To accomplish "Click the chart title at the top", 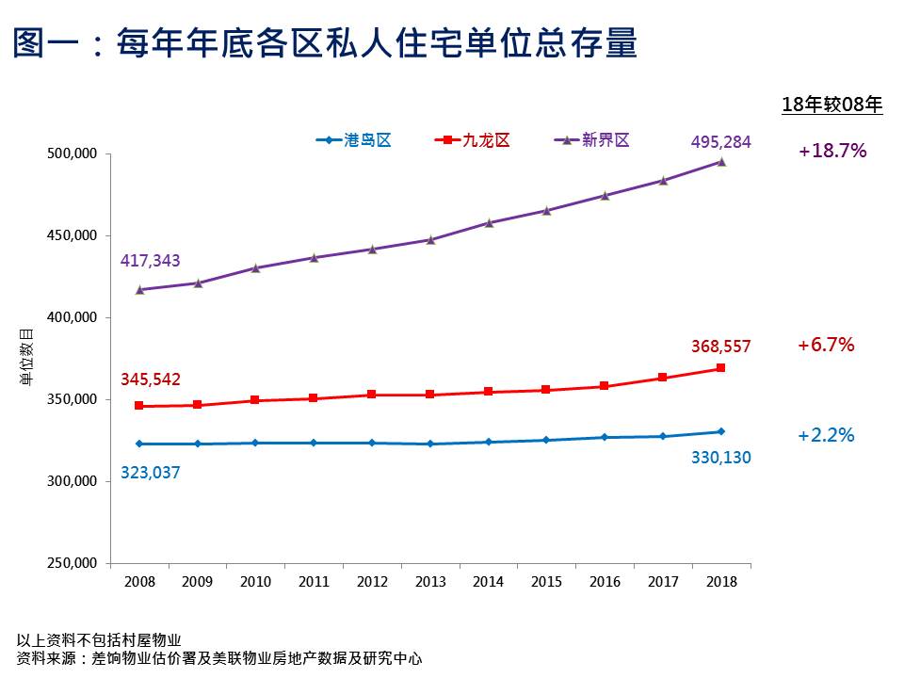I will [x=325, y=43].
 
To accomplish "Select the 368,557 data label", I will [x=720, y=347].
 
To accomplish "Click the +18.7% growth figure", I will [x=831, y=151].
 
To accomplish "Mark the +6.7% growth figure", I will [x=826, y=345].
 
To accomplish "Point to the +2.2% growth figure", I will [x=826, y=435].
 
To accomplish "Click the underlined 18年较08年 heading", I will [x=831, y=105].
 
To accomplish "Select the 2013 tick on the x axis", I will [x=430, y=582].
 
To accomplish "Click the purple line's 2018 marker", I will [x=721, y=162].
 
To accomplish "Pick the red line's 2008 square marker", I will [x=139, y=406].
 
